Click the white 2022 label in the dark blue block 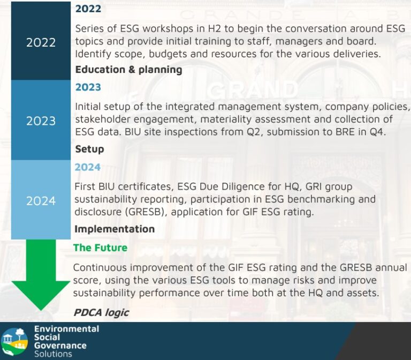(x=41, y=42)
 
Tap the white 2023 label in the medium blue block (x=41, y=121)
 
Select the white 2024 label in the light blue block (x=41, y=201)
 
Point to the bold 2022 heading (x=88, y=9)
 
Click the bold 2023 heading (x=88, y=87)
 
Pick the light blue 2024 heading (x=88, y=167)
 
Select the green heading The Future (x=101, y=247)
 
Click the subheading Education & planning (x=128, y=70)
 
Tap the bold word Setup (x=90, y=149)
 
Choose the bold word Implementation (x=115, y=229)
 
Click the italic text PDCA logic (x=101, y=312)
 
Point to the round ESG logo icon (x=14, y=342)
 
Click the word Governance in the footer (x=60, y=346)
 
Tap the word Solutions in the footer (x=53, y=354)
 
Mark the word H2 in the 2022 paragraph (x=215, y=28)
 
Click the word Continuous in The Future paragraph (x=100, y=268)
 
